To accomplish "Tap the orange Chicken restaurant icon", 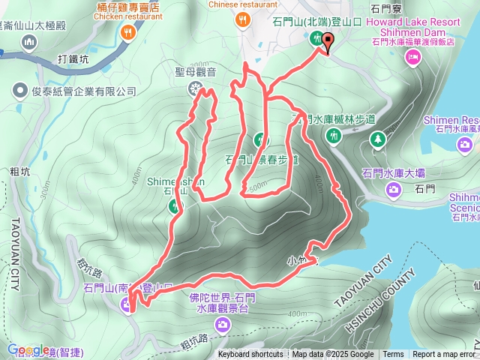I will tap(128, 32).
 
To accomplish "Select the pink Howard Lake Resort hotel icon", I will tap(412, 58).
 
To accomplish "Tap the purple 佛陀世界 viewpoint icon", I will tap(223, 324).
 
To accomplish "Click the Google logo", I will tap(28, 349).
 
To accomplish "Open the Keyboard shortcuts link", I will tap(250, 355).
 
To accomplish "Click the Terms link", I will tap(393, 355).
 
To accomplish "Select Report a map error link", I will tap(444, 355).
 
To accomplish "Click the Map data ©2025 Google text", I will tap(333, 355).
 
